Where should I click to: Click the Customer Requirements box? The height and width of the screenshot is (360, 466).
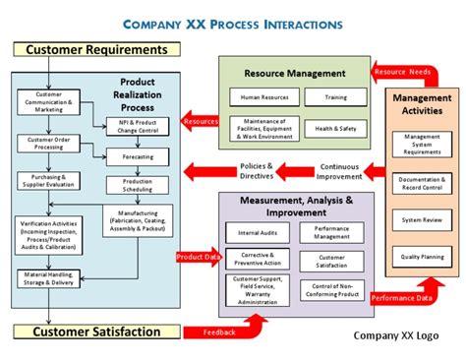pos(95,49)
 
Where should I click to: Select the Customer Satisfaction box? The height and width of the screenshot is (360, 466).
pos(95,331)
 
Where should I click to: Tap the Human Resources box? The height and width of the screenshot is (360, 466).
pos(262,97)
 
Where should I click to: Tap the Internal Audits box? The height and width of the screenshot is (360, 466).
pos(258,234)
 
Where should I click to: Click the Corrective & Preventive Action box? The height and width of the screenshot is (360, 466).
pos(258,261)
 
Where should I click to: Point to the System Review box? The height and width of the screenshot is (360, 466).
pos(423,220)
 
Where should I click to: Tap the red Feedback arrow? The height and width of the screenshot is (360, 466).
pos(218,331)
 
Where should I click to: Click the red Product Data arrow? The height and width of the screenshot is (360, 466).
pos(197,258)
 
